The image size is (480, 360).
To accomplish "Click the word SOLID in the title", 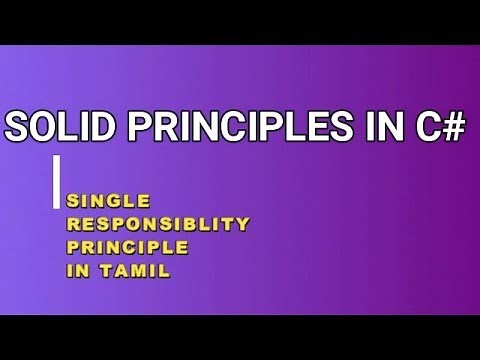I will [57, 127].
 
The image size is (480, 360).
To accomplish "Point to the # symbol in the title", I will [452, 127].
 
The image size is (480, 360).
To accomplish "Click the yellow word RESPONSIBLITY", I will [158, 224].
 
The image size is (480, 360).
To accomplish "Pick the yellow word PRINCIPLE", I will [127, 246].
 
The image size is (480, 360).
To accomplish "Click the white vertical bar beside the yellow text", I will [57, 181].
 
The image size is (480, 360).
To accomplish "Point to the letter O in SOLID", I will [47, 127].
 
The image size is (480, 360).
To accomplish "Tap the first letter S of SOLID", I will [20, 127].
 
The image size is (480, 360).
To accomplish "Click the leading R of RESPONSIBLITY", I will [72, 224].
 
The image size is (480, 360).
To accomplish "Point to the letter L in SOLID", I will [68, 127].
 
